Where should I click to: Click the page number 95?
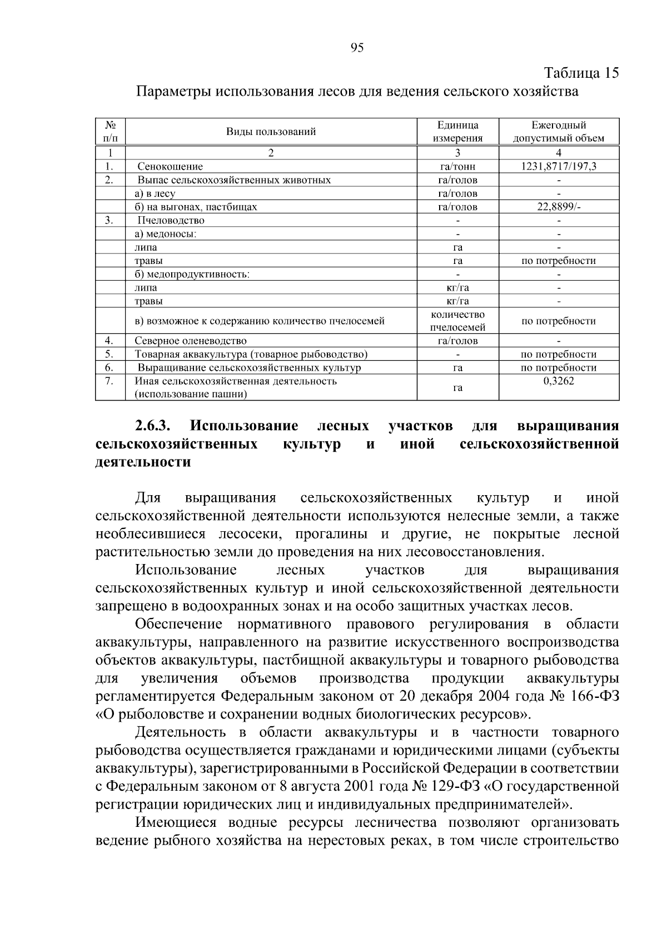[x=357, y=48]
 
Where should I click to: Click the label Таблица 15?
[x=581, y=73]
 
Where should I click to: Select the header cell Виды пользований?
[x=271, y=132]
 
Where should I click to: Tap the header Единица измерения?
[x=457, y=132]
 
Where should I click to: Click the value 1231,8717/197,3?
[x=559, y=166]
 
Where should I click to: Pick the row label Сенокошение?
[x=170, y=166]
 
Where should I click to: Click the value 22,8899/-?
[x=559, y=207]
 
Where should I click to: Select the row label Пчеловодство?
[x=171, y=220]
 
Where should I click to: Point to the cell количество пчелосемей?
[x=457, y=321]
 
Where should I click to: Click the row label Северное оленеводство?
[x=191, y=341]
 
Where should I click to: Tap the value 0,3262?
[x=559, y=381]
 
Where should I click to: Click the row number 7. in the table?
[x=109, y=381]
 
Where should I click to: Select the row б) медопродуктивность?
[x=192, y=274]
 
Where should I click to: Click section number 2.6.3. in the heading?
[x=153, y=426]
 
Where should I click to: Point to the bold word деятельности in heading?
[x=143, y=462]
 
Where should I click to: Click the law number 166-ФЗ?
[x=592, y=696]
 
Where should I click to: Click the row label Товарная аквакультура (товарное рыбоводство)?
[x=251, y=355]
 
